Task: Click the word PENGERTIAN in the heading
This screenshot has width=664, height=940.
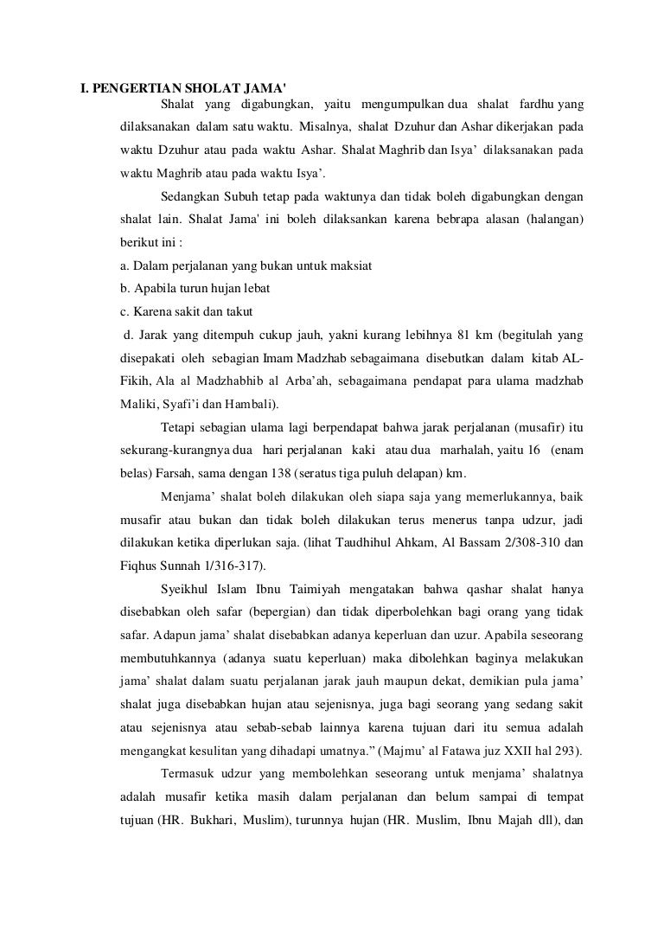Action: [x=134, y=88]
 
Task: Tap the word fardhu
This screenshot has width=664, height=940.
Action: [x=535, y=106]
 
